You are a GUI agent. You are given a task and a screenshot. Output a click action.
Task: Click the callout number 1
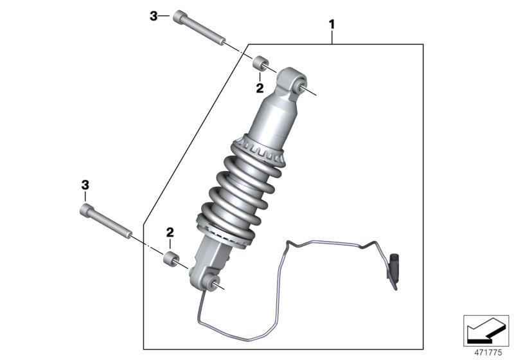pos(332,24)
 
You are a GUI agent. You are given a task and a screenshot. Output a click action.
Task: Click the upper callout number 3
pos(154,17)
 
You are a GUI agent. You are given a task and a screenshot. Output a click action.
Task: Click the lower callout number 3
pos(84,185)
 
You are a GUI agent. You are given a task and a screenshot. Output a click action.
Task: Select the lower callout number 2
pos(170,231)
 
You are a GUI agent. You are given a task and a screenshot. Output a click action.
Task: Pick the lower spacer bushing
pos(171,260)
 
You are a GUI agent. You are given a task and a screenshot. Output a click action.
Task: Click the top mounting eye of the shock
pos(299,83)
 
